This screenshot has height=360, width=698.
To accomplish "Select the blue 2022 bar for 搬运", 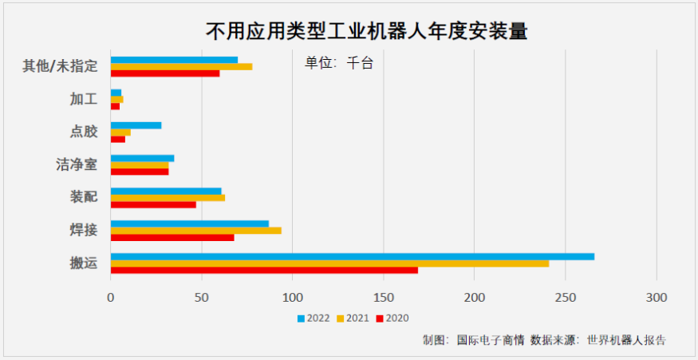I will point(352,256).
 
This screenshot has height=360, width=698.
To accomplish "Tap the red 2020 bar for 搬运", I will point(264,270).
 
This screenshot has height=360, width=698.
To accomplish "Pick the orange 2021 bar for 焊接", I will point(195,230).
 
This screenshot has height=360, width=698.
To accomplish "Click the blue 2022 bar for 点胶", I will point(136,125).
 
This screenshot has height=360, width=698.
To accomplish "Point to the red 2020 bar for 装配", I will point(153,204).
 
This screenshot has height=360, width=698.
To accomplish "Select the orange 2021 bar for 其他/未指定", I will point(181,66).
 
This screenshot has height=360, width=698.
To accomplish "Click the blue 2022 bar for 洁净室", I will point(142,158).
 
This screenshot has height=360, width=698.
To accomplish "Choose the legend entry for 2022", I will point(314,318).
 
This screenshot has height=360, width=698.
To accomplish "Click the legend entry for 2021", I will point(353,318).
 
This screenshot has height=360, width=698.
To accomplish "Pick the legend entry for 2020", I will point(392,318).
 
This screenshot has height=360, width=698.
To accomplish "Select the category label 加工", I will point(84,99).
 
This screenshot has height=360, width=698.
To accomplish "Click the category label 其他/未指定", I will point(60,66).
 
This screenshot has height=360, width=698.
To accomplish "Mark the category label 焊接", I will point(84,230).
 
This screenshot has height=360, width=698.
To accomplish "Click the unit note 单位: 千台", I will point(339,63).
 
